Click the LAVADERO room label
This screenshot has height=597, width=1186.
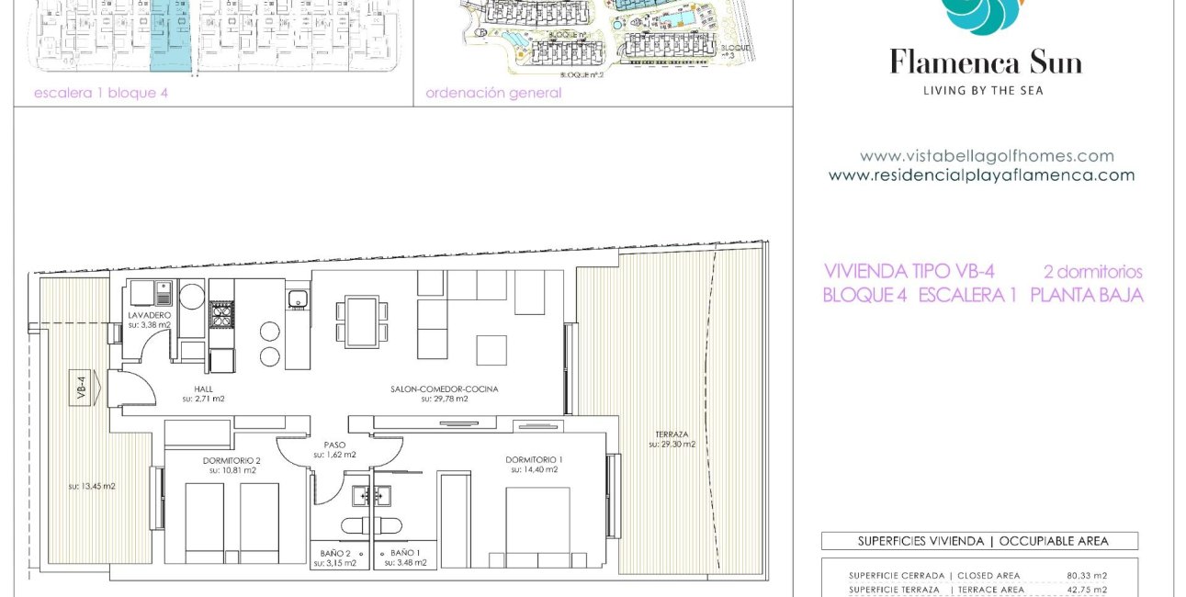[x=149, y=315]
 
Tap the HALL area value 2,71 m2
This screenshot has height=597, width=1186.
[x=202, y=400]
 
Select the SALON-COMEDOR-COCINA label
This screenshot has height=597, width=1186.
[x=445, y=389]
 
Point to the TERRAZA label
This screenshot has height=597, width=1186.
[x=672, y=434]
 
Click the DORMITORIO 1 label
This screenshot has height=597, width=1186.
[x=534, y=459]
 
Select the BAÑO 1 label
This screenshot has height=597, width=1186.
[x=405, y=552]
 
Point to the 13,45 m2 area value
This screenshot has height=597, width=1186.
[x=92, y=487]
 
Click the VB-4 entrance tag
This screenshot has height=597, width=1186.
[x=80, y=388]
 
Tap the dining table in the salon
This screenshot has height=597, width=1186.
[x=362, y=321]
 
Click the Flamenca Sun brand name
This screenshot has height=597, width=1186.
[x=985, y=63]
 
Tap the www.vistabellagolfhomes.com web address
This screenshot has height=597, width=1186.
[x=986, y=156]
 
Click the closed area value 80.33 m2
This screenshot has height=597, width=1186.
[x=1086, y=576]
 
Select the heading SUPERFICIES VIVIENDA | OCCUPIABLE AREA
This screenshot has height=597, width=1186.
[x=979, y=541]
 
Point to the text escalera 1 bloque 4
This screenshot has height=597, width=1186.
[x=101, y=93]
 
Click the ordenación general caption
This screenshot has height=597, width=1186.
[x=493, y=93]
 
